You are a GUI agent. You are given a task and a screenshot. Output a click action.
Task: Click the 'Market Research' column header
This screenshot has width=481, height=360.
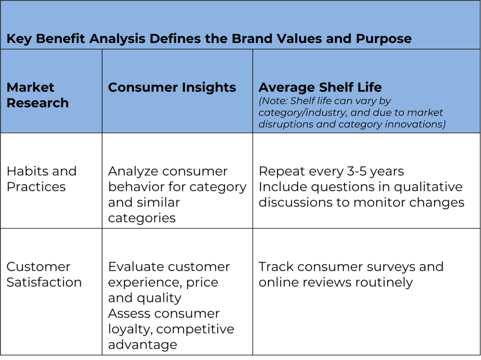coord(38,95)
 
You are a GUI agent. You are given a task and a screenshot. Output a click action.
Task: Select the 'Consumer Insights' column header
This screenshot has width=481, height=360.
coord(172,87)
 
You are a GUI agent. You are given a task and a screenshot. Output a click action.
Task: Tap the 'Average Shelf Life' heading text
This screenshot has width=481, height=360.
coord(320,87)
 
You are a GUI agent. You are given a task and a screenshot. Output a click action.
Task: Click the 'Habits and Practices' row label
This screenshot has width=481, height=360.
coord(41,179)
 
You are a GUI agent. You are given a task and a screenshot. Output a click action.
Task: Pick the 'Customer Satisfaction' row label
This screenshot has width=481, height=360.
coord(44,274)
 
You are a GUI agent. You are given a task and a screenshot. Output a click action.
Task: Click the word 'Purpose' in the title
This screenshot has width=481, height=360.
coord(383,39)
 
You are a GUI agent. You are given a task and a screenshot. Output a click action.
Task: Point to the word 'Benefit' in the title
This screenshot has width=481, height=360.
coord(61,39)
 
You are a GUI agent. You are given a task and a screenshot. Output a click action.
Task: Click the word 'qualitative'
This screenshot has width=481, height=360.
coord(428,187)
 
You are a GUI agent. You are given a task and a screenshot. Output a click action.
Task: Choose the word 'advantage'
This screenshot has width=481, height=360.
coord(142,345)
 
